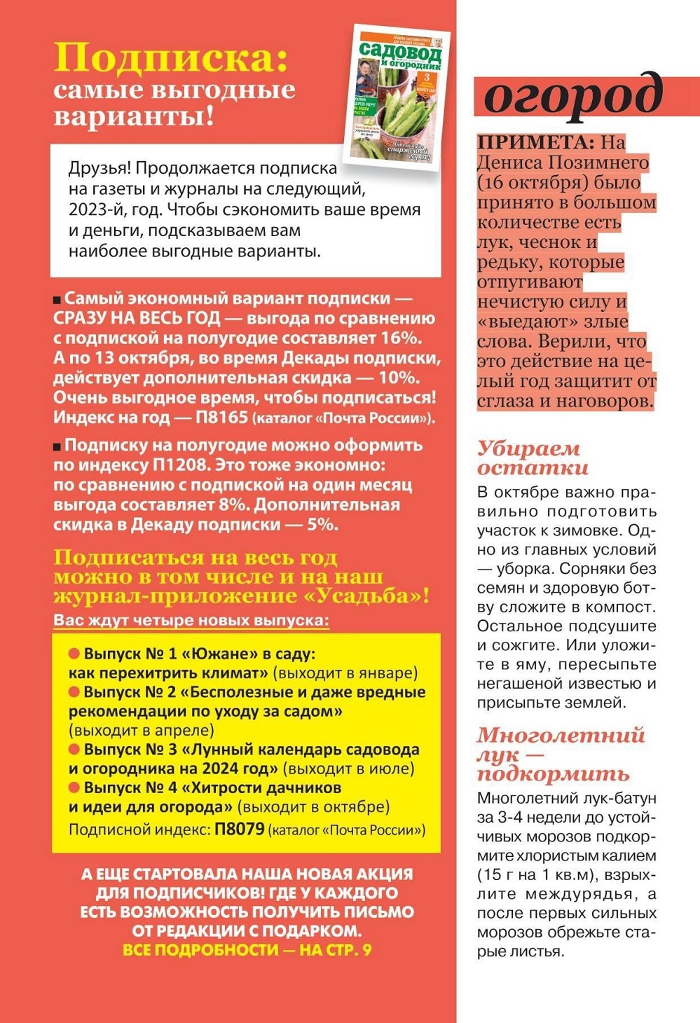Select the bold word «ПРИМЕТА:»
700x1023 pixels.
[536, 142]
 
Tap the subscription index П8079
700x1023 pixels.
[240, 830]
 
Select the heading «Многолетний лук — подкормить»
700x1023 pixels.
[561, 754]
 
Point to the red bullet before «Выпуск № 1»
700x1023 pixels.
[74, 654]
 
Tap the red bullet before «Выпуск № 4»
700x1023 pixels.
[74, 788]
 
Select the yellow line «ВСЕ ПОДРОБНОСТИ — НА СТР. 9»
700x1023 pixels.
[247, 950]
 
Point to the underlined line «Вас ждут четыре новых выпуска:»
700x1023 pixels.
[191, 621]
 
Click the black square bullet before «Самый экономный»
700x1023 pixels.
[57, 300]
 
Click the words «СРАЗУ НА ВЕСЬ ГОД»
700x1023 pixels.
[137, 319]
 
